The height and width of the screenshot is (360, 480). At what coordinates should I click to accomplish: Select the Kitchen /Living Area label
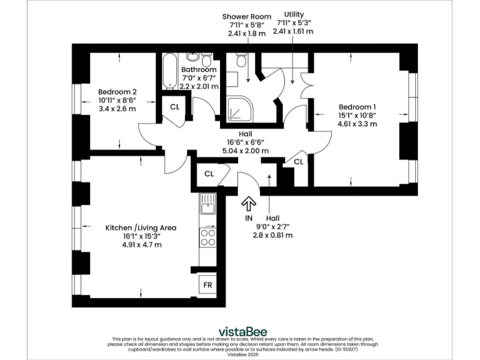[x=141, y=227]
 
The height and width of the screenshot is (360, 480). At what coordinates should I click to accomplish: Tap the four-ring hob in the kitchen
[x=207, y=238]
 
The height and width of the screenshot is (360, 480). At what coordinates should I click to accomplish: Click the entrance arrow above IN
[x=248, y=203]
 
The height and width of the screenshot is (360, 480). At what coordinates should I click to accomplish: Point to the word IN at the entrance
[x=248, y=218]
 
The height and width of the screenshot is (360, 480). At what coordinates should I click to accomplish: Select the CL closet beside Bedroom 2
[x=175, y=106]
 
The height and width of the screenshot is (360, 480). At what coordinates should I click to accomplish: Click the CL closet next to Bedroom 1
[x=298, y=162]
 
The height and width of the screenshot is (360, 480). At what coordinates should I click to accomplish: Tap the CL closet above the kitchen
[x=209, y=173]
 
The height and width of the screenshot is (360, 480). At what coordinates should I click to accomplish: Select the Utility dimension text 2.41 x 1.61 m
[x=293, y=31]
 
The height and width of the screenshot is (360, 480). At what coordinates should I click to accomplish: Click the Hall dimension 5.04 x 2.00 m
[x=244, y=151]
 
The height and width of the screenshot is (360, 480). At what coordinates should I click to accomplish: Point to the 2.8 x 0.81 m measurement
[x=272, y=236]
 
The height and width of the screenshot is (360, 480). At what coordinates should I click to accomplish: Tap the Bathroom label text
[x=199, y=69]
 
